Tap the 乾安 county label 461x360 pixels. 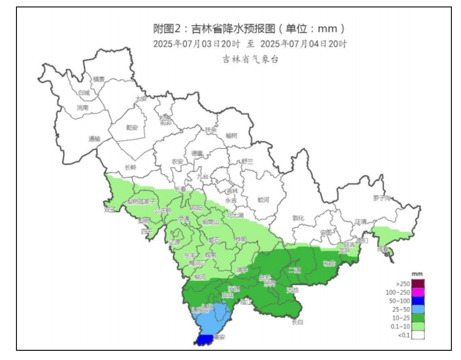point(131,127)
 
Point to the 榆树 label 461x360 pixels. point(231,136)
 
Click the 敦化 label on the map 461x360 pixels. point(299,217)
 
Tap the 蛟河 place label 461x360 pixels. point(264,200)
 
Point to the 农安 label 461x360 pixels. point(177,161)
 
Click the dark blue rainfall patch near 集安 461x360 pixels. point(205,339)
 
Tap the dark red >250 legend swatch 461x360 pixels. point(418,285)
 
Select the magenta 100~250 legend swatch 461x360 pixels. point(418,293)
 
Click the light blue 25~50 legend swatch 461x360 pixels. point(418,309)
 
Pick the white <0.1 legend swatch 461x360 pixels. point(418,335)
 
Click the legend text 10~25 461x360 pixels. point(400,318)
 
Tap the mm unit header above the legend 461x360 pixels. point(418,274)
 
